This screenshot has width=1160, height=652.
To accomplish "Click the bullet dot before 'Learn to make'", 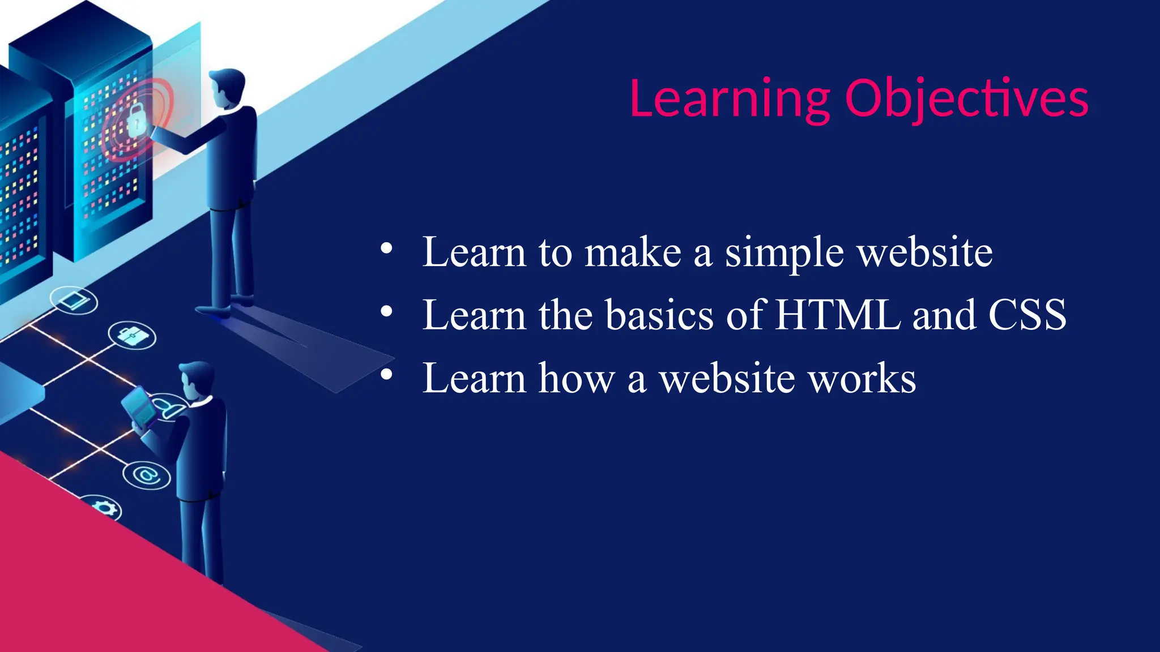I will pos(386,248).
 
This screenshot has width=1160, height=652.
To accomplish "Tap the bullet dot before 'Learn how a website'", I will pos(386,374).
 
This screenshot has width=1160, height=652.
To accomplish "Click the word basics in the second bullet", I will pos(659,315).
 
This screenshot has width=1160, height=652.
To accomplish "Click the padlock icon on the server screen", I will pos(136,120).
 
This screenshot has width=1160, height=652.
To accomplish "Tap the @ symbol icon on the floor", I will pos(147,474).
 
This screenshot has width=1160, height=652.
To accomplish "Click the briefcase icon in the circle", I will pos(132,336).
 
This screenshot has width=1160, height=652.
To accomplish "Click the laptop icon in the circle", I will pos(74,300).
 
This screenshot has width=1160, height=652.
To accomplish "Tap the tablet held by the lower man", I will pos(138,405).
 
